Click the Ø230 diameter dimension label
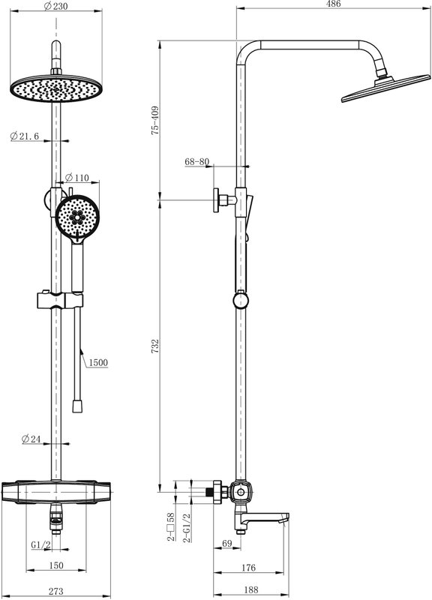coord(55,6)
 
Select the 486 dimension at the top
coord(333,4)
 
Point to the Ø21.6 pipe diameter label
coord(25,136)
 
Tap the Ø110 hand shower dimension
coord(77,178)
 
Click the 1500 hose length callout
coord(98,362)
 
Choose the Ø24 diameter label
coord(31,439)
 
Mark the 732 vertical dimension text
coord(155,346)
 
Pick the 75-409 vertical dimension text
coord(155,120)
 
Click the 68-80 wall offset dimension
coord(197,162)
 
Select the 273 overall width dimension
coord(55,592)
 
